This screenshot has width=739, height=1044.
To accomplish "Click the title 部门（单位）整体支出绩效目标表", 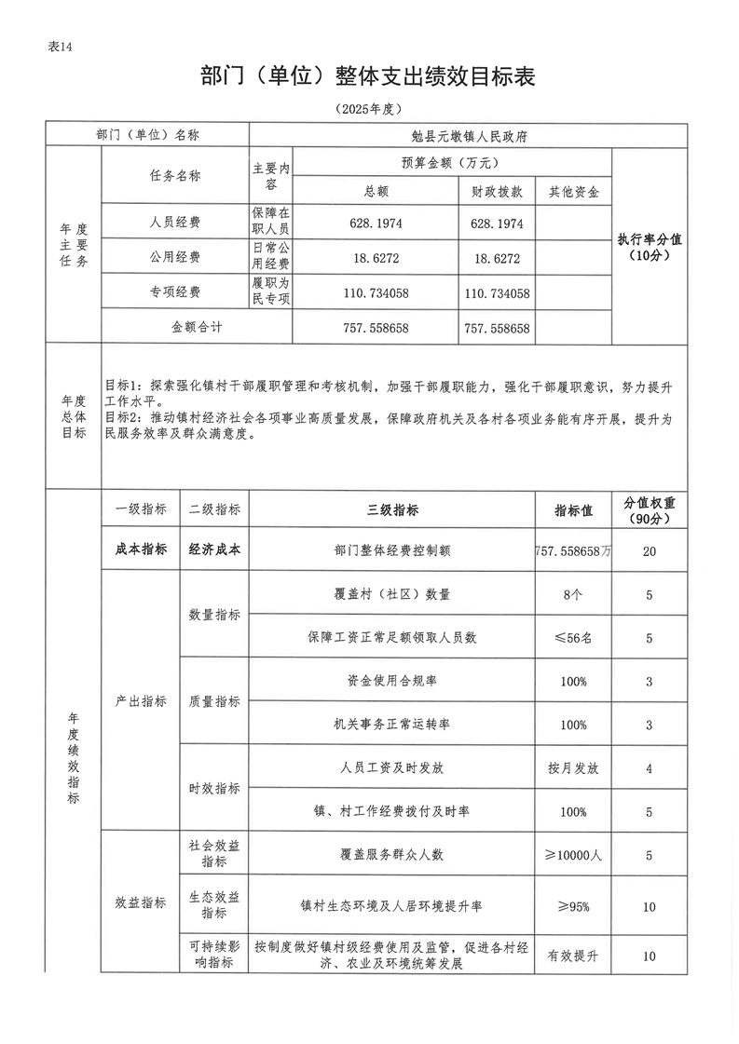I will pyautogui.click(x=368, y=76).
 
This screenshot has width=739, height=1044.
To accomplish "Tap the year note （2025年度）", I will pyautogui.click(x=368, y=109).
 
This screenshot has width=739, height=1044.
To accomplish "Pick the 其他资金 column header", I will pyautogui.click(x=574, y=191).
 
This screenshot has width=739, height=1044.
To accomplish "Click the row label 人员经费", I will pyautogui.click(x=175, y=223).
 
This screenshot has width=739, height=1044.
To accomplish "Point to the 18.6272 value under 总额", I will pyautogui.click(x=376, y=258).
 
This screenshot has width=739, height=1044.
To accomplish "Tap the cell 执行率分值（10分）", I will pyautogui.click(x=650, y=247).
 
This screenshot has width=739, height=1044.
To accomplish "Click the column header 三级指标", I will pyautogui.click(x=391, y=509).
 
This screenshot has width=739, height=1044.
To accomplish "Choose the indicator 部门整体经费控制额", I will pyautogui.click(x=391, y=550).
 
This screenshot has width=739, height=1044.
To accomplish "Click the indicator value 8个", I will pyautogui.click(x=573, y=594).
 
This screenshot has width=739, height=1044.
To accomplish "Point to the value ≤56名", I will pyautogui.click(x=573, y=638).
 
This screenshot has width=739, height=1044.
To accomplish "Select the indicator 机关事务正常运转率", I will pyautogui.click(x=391, y=725).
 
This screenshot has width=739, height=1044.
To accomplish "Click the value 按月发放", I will pyautogui.click(x=573, y=768).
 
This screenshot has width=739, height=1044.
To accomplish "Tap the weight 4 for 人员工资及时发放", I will pyautogui.click(x=649, y=768).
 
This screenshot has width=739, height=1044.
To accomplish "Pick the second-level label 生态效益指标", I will pyautogui.click(x=214, y=904).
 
